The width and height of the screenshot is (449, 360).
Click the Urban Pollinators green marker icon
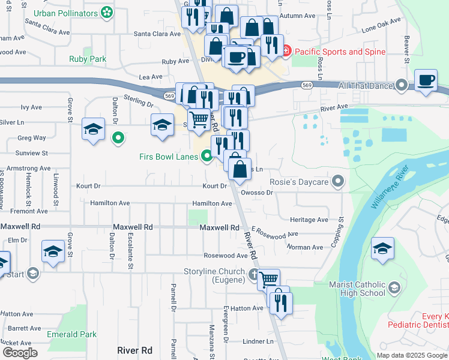point(107,12)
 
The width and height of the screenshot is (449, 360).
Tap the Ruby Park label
point(88,59)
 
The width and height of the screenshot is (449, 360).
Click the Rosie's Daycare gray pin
point(339,181)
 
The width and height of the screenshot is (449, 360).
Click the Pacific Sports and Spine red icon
point(286,52)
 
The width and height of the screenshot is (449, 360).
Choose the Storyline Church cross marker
point(255,277)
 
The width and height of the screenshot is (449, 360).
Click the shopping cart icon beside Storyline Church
point(269,278)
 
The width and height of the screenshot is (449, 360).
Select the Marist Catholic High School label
point(357,289)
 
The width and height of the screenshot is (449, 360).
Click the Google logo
point(20,353)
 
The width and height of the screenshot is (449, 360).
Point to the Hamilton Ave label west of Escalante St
point(110,203)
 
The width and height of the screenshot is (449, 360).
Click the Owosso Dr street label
point(257,193)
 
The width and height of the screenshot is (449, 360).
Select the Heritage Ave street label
point(309,220)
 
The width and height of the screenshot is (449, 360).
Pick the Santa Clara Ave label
point(157,34)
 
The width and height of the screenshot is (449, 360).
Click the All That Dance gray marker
point(401,86)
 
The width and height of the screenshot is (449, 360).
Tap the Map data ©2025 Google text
point(411,355)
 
